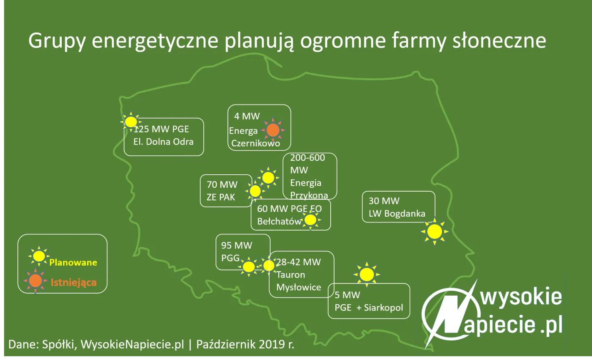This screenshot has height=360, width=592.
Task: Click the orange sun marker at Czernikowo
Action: point(273,130)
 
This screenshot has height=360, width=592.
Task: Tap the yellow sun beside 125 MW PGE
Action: point(131,122)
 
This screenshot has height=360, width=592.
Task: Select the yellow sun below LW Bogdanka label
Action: point(434,231)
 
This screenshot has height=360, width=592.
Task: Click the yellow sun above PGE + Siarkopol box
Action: point(367,275)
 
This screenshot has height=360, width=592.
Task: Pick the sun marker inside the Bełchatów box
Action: point(310,220)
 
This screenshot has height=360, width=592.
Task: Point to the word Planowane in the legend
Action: point(73,262)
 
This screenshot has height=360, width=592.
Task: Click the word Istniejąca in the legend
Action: point(74,282)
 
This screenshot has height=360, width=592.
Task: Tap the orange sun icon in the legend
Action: point(36,280)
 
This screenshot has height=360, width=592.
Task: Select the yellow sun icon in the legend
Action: point(39,256)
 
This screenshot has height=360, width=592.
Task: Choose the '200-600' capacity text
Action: point(307,158)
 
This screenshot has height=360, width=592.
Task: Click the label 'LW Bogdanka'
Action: point(397,214)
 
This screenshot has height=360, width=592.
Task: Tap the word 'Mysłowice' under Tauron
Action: point(299,287)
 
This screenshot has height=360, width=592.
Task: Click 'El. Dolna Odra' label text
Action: point(163,142)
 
